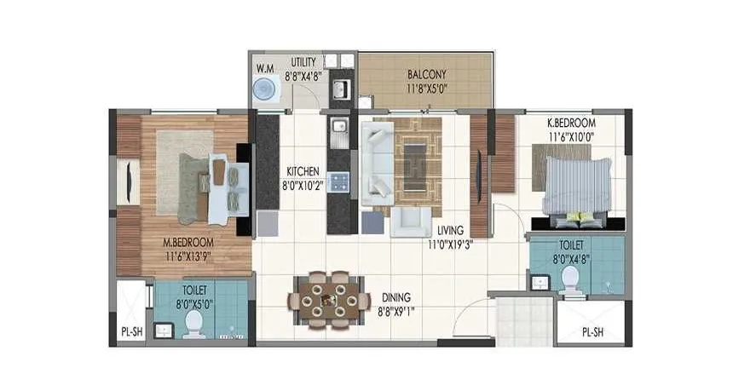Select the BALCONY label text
pyautogui.click(x=424, y=73)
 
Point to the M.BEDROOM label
pyautogui.click(x=188, y=241)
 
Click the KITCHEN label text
pyautogui.click(x=302, y=171)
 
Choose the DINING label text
pyautogui.click(x=396, y=297)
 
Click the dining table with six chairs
pyautogui.click(x=327, y=299)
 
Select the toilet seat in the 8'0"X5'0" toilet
pyautogui.click(x=194, y=322)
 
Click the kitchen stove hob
pyautogui.click(x=339, y=181)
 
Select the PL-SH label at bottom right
pyautogui.click(x=594, y=333)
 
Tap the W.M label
pyautogui.click(x=265, y=68)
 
